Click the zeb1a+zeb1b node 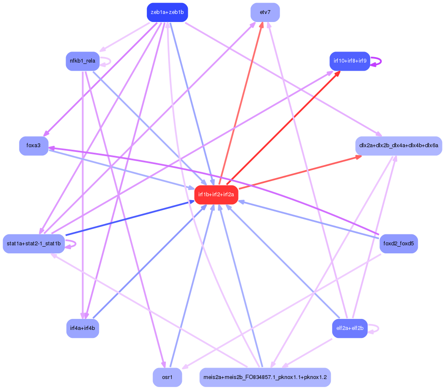[x=167, y=12]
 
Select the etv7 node [x=265, y=12]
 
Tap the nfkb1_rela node [x=82, y=61]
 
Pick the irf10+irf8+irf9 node [x=349, y=61]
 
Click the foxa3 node [x=33, y=146]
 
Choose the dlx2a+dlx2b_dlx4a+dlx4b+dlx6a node [x=398, y=146]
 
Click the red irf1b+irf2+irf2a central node [x=216, y=195]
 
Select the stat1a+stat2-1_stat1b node [x=34, y=244]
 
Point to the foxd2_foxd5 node [x=398, y=244]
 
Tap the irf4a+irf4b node [x=82, y=328]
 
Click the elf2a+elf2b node [x=349, y=328]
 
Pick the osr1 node [x=167, y=377]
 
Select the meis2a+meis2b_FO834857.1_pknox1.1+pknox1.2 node [x=265, y=377]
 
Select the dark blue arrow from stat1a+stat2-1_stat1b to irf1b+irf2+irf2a [x=127, y=219]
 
